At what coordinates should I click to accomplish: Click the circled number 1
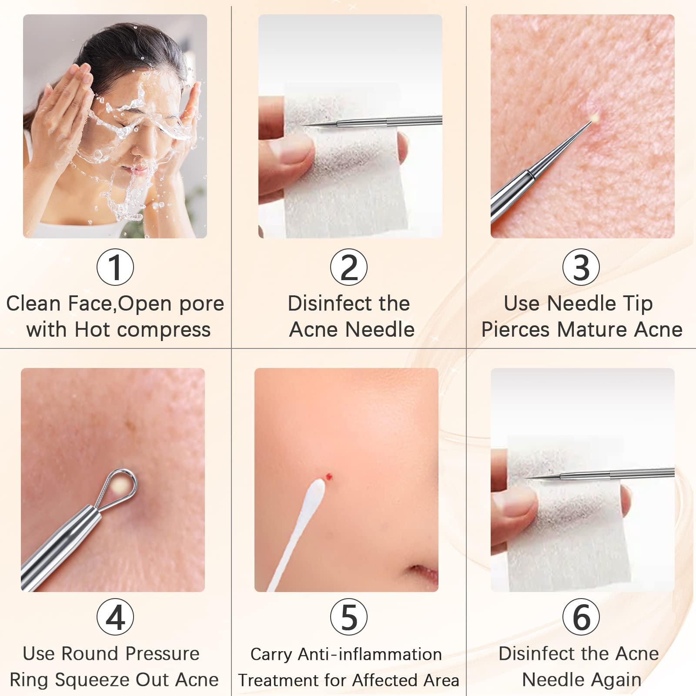pos(115,267)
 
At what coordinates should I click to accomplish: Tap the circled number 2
pos(349,267)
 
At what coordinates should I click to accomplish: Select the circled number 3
pos(581,267)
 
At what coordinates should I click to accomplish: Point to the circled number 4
pos(115,617)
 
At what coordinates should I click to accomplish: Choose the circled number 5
pos(349,617)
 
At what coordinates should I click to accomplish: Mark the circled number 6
pos(581,617)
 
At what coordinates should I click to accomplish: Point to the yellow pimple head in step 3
pos(594,117)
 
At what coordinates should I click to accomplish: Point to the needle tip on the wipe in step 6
pos(529,478)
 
